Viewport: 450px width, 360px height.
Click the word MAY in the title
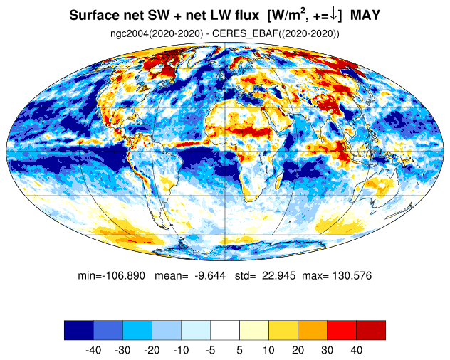pyautogui.click(x=365, y=15)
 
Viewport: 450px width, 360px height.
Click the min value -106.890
pyautogui.click(x=124, y=275)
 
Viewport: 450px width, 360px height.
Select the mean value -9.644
pyautogui.click(x=210, y=275)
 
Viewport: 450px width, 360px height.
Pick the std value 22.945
pyautogui.click(x=278, y=275)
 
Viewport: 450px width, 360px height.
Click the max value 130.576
pyautogui.click(x=352, y=275)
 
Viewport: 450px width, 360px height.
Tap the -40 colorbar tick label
pyautogui.click(x=93, y=350)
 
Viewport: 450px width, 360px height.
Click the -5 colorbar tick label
pyautogui.click(x=210, y=350)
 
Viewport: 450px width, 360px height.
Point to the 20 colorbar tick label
pyautogui.click(x=298, y=350)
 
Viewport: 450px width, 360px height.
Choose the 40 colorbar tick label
pyautogui.click(x=357, y=350)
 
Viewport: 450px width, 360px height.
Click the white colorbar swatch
pyautogui.click(x=225, y=330)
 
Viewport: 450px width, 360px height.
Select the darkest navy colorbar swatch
pyautogui.click(x=79, y=330)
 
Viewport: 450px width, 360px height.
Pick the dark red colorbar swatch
pyautogui.click(x=371, y=330)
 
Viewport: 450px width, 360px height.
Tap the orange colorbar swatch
pyautogui.click(x=313, y=330)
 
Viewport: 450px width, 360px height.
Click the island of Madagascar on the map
pyautogui.click(x=278, y=179)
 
